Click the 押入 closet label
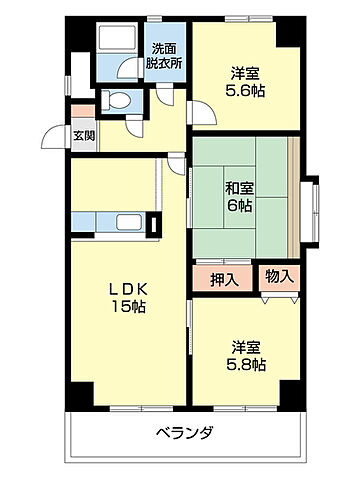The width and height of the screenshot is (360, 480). pos(223,279)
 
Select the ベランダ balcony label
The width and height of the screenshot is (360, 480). pos(185,433)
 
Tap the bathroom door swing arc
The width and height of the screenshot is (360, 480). pos(128,72)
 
